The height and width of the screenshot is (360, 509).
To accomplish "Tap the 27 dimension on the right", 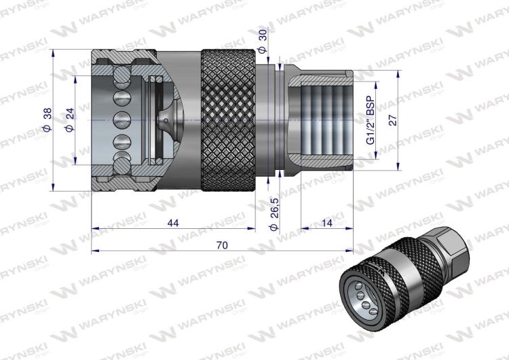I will click(x=393, y=120).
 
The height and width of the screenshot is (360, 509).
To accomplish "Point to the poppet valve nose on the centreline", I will click(x=166, y=120).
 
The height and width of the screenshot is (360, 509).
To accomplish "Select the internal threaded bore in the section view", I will click(x=322, y=120).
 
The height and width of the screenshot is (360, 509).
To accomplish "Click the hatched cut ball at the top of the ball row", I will click(x=122, y=73).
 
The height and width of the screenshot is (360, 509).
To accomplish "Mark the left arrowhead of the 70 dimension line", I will click(x=96, y=251).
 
